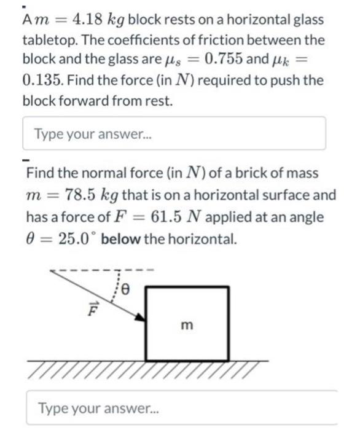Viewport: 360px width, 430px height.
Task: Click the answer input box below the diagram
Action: (181, 407)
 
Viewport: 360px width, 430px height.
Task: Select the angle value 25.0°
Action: (72, 238)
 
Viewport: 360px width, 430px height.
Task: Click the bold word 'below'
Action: (122, 238)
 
